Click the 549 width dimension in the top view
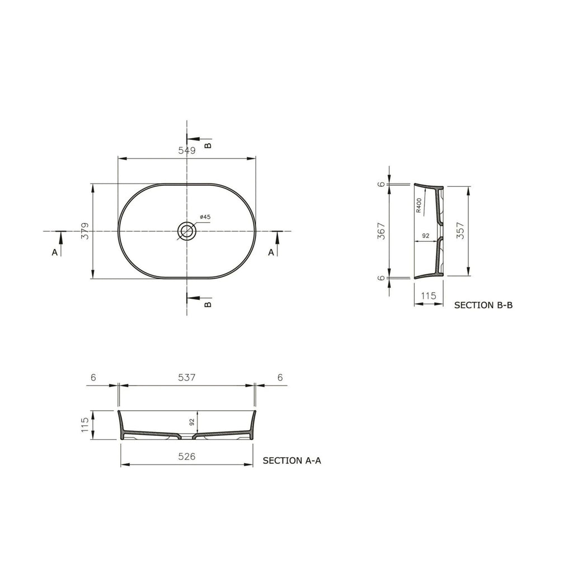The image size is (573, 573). (x=187, y=150)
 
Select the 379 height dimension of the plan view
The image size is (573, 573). (x=85, y=231)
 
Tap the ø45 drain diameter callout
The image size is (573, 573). (x=205, y=217)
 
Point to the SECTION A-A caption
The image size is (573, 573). (x=292, y=461)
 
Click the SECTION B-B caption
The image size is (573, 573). (x=483, y=305)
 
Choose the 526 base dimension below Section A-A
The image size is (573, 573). (x=187, y=456)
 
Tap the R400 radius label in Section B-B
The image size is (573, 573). (x=419, y=205)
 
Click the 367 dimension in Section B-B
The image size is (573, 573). (x=381, y=231)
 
